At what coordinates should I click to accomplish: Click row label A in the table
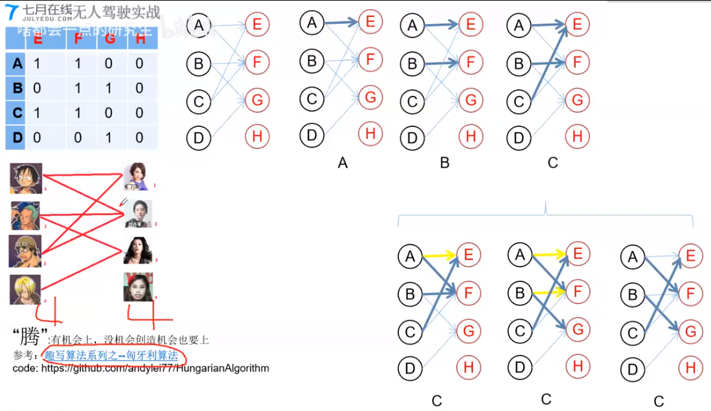click(x=17, y=63)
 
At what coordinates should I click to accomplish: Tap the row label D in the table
click(x=17, y=137)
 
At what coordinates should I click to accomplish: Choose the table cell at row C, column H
click(x=140, y=113)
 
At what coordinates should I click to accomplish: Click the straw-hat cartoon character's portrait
click(x=26, y=178)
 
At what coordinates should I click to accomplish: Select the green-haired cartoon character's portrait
click(x=25, y=216)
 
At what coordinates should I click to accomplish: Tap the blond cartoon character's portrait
click(x=26, y=289)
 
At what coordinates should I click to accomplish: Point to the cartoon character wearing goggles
click(x=25, y=251)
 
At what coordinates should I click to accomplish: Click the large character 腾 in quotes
click(x=31, y=336)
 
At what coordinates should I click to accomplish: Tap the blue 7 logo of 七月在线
click(x=11, y=12)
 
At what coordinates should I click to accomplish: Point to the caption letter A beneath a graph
click(x=343, y=163)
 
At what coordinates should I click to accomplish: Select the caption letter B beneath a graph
click(x=444, y=162)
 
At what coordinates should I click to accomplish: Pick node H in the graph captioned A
click(x=370, y=134)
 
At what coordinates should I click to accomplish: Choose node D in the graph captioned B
click(x=412, y=137)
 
